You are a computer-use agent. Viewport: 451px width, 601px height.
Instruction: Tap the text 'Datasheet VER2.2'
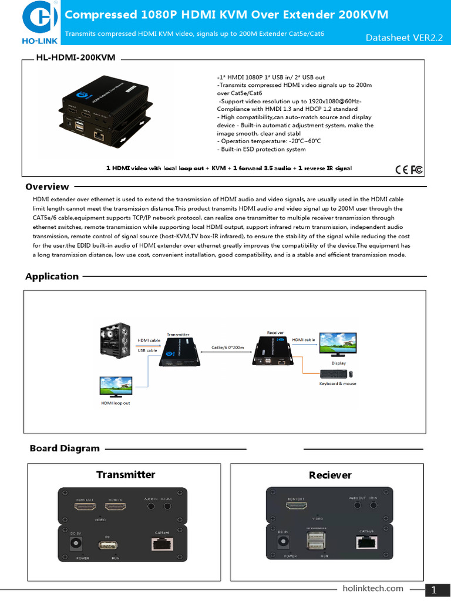pyautogui.click(x=403, y=38)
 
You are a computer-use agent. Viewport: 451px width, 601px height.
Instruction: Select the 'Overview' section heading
pyautogui.click(x=47, y=187)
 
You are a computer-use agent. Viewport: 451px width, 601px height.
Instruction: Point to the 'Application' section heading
pyautogui.click(x=52, y=276)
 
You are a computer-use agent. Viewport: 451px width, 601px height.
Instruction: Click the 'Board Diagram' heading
pyautogui.click(x=65, y=448)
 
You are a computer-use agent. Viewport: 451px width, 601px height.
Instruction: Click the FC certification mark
pyautogui.click(x=416, y=170)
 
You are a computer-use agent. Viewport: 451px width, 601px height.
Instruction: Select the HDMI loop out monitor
pyautogui.click(x=116, y=387)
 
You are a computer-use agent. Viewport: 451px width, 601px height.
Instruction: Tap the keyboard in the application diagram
pyautogui.click(x=333, y=374)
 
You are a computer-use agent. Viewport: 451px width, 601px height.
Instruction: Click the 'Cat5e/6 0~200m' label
pyautogui.click(x=227, y=347)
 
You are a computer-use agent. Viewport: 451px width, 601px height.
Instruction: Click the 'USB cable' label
pyautogui.click(x=147, y=350)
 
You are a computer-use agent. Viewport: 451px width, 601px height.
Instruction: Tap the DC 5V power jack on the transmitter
pyautogui.click(x=76, y=543)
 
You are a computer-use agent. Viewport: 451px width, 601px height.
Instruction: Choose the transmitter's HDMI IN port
pyautogui.click(x=115, y=506)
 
